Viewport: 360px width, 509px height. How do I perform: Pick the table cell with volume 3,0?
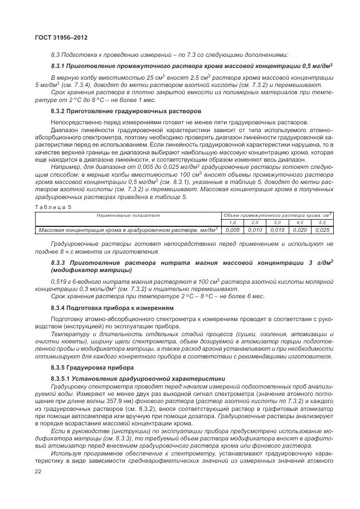coord(277,222)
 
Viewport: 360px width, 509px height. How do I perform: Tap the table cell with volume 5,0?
coord(322,222)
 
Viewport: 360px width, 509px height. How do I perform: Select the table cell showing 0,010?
coord(254,230)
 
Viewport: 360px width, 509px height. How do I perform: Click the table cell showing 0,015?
coord(277,230)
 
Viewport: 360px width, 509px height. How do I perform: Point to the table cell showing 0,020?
coord(299,230)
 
